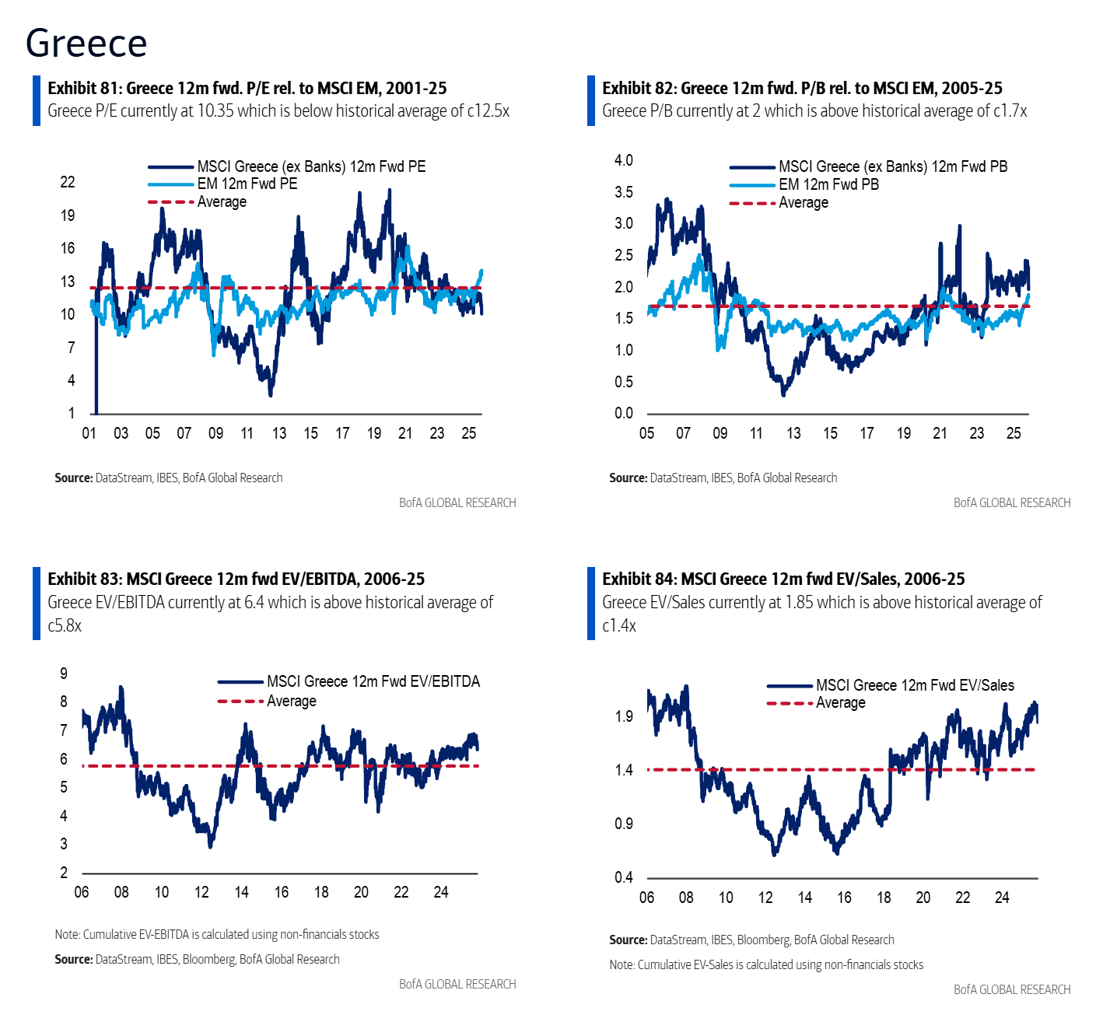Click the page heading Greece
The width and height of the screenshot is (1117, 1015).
click(x=86, y=43)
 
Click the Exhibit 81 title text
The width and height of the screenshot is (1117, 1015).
click(x=247, y=88)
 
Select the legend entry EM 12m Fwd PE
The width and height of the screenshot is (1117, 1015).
click(x=247, y=184)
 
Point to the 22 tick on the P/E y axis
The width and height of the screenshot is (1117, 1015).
click(x=68, y=182)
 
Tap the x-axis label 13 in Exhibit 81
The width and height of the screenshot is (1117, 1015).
click(x=279, y=433)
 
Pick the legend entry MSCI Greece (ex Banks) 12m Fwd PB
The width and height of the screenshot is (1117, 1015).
click(x=892, y=166)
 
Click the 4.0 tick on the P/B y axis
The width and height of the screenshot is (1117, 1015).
click(x=624, y=160)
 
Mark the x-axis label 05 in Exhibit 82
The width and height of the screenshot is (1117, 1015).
click(x=646, y=433)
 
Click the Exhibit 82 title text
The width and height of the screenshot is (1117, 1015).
click(x=802, y=88)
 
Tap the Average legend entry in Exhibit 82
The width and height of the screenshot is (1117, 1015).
click(x=803, y=203)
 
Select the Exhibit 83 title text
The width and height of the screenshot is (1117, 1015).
click(x=236, y=579)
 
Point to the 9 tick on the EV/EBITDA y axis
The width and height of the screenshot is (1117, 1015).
click(x=64, y=674)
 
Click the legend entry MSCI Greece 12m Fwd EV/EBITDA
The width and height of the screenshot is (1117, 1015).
click(x=373, y=681)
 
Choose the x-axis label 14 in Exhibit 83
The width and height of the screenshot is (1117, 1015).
click(x=241, y=892)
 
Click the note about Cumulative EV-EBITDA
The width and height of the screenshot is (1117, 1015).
click(x=217, y=934)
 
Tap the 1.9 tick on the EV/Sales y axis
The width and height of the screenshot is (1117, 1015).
click(x=624, y=716)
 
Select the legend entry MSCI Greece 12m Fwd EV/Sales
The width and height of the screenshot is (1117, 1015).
click(x=914, y=685)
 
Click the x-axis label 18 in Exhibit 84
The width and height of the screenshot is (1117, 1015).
click(x=884, y=898)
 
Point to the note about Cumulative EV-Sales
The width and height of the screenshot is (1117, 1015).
click(x=766, y=964)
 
